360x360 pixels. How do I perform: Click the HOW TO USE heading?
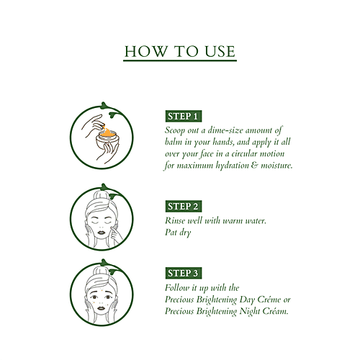point(180,52)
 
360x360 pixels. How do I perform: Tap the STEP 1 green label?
point(184,116)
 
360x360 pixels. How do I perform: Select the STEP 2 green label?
point(184,207)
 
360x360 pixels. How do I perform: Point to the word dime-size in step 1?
point(212,129)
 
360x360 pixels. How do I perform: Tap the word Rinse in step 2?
point(176,220)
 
